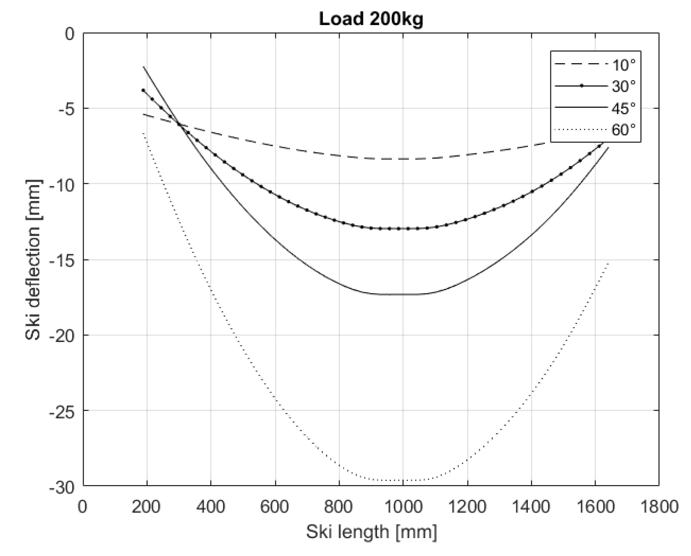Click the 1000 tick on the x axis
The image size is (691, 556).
coord(403,506)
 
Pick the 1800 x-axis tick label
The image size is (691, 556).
coord(659,506)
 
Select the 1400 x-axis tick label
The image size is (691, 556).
coord(531,506)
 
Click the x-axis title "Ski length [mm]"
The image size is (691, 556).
coord(371,532)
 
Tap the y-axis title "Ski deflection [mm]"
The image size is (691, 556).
coord(33,260)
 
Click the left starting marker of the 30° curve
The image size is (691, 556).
coord(143,90)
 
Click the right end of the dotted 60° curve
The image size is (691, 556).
coord(608,263)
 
